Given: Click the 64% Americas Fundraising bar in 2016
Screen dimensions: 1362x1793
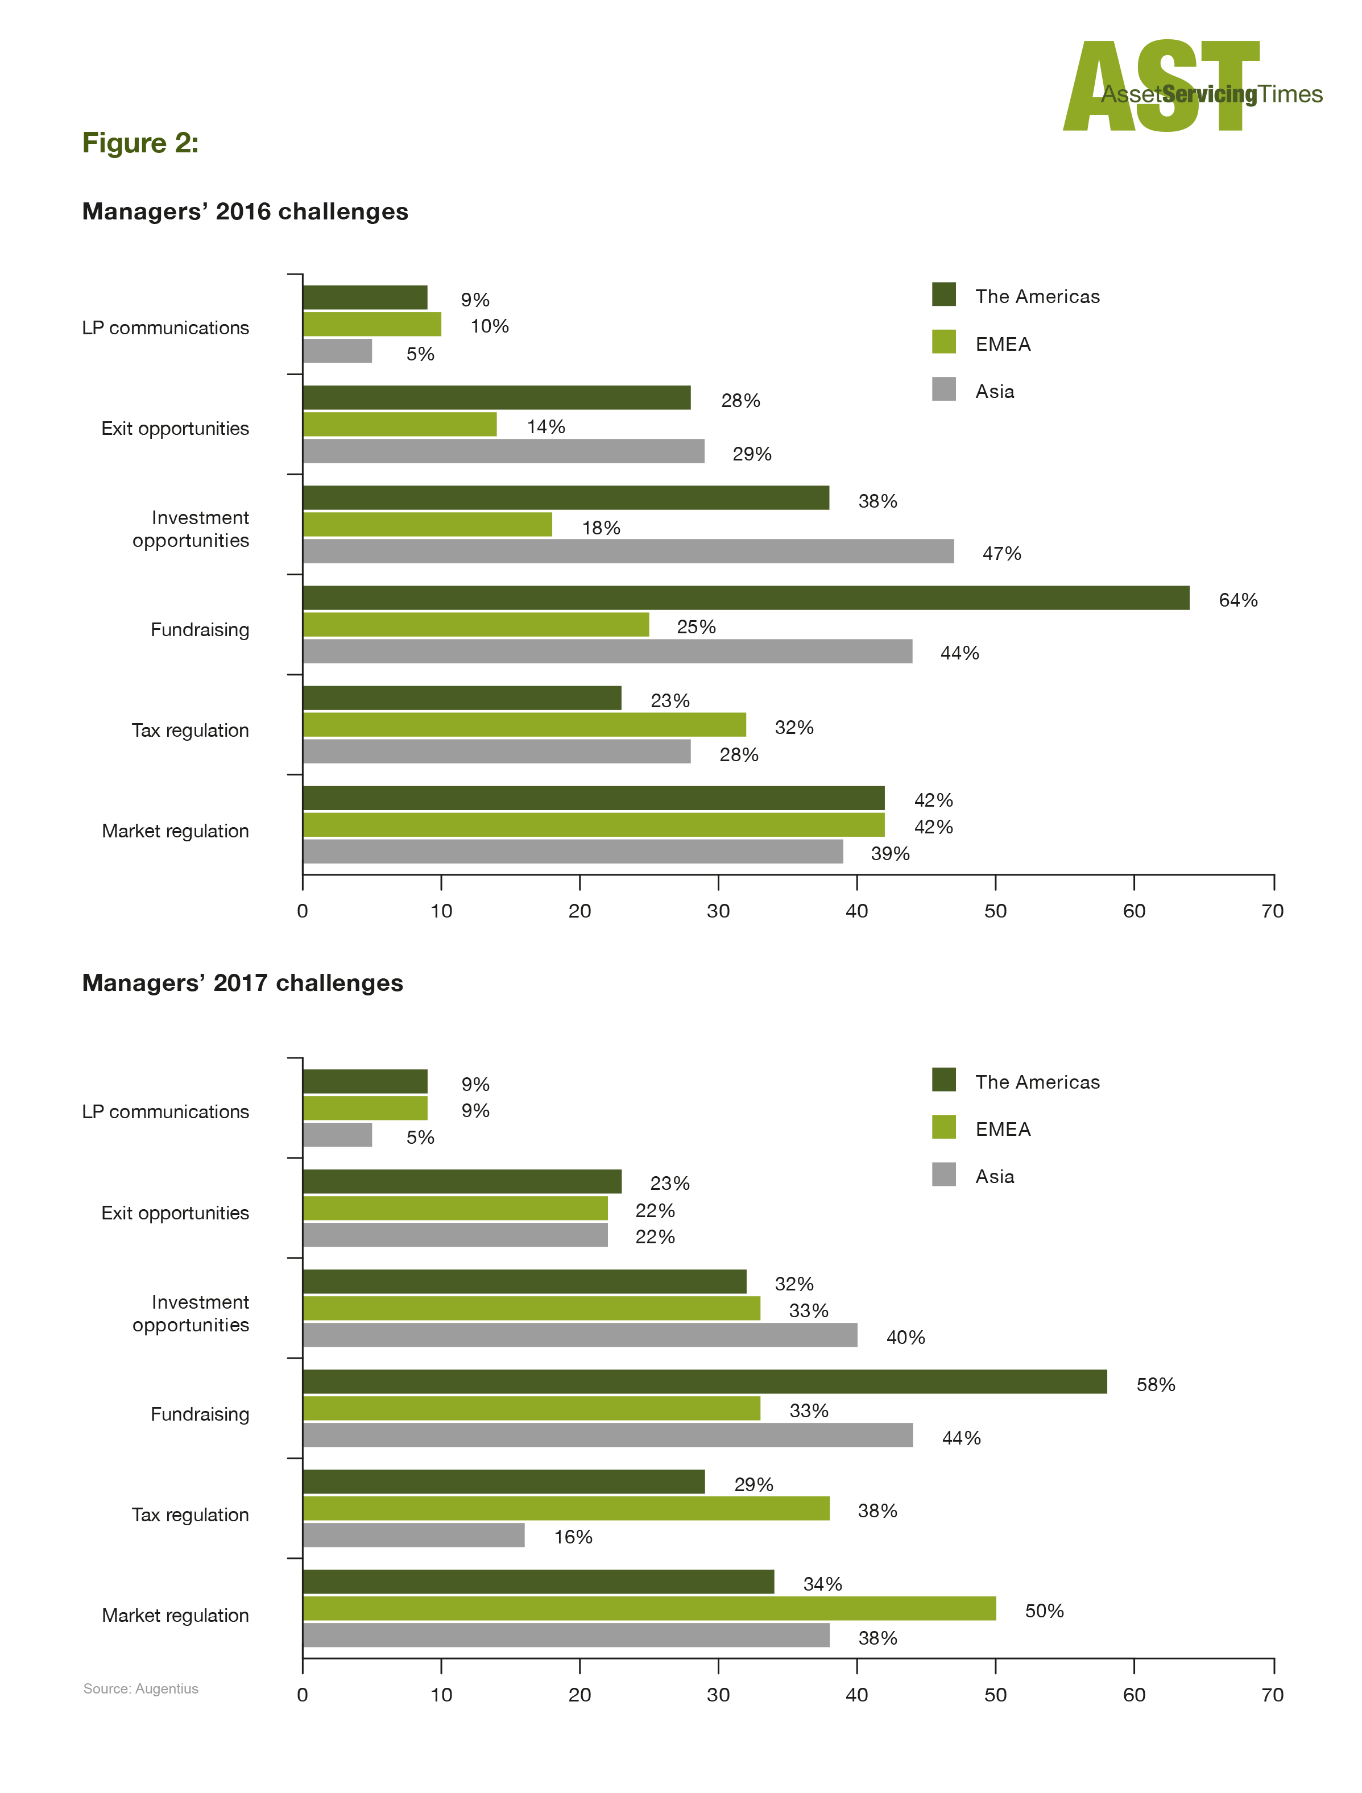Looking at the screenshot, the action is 746,598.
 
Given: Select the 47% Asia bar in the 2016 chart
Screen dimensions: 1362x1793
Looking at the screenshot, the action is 628,551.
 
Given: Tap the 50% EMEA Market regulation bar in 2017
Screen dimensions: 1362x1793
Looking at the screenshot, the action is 649,1608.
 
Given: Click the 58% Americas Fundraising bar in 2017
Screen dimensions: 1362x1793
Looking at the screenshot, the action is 705,1382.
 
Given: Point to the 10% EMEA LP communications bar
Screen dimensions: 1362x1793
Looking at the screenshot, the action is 372,324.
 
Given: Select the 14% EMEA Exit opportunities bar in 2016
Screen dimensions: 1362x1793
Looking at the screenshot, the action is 400,425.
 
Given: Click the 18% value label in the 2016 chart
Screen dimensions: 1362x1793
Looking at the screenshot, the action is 601,528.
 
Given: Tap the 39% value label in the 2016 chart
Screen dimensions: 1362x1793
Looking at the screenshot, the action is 890,853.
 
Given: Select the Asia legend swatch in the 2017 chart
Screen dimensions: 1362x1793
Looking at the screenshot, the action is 943,1174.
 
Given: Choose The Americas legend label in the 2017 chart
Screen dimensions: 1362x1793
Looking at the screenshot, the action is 1038,1082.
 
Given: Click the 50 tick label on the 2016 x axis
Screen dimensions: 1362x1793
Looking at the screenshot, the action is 996,911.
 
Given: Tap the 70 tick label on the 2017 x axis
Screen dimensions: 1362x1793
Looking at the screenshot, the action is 1273,1695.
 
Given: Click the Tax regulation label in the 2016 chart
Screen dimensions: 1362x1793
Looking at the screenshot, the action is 191,731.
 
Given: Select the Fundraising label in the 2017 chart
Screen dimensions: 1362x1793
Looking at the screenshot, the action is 200,1414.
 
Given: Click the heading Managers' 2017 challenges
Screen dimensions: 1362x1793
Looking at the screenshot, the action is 243,983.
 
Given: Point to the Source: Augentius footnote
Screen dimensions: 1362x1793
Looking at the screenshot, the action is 141,1688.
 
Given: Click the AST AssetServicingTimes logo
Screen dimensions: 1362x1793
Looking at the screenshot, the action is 1192,86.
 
